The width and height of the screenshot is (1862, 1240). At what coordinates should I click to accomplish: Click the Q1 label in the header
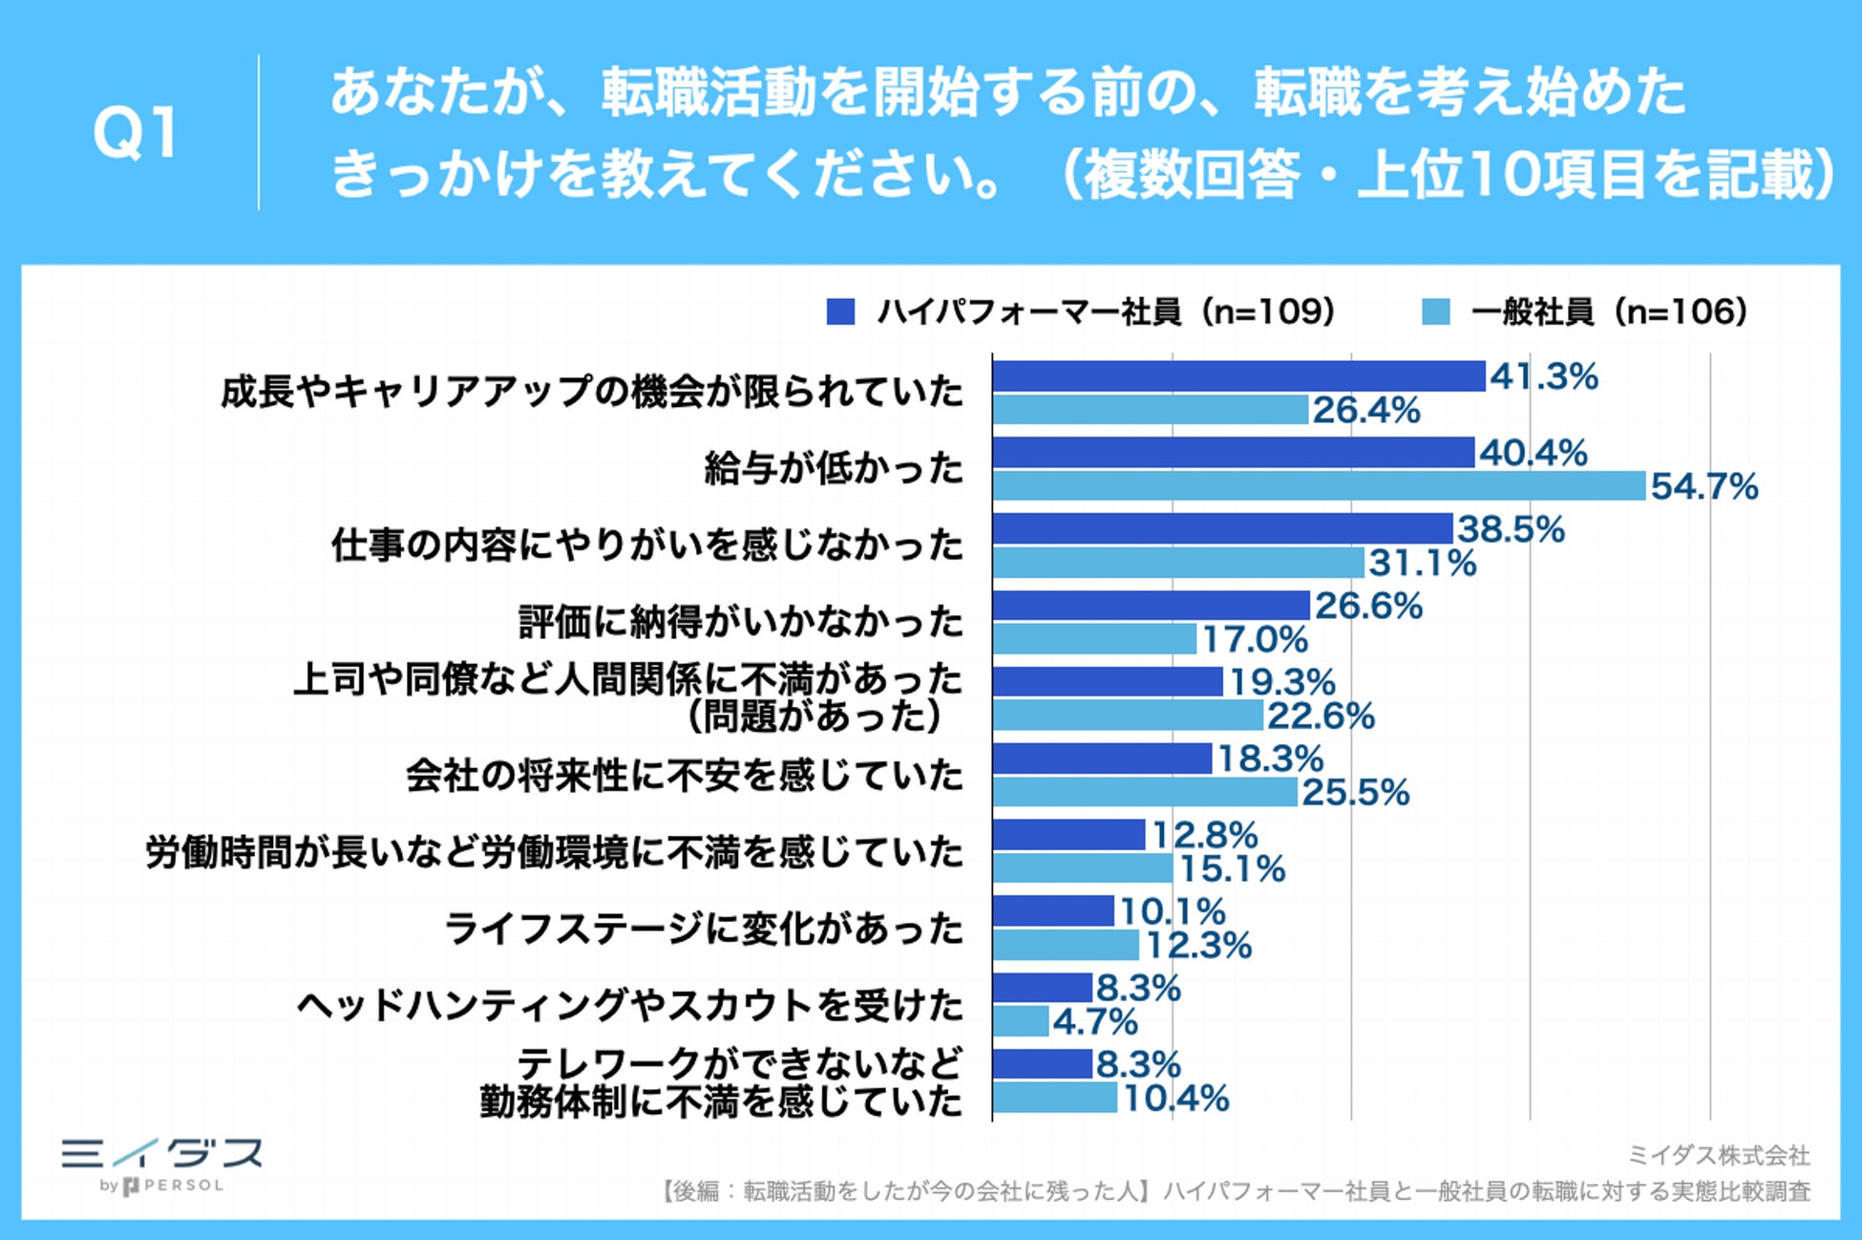tap(136, 133)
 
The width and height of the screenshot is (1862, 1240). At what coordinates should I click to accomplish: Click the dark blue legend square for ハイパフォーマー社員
tap(840, 312)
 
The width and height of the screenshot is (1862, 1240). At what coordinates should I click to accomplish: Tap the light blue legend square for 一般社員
tap(1435, 312)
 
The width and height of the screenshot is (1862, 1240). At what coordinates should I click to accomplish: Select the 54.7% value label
tap(1704, 487)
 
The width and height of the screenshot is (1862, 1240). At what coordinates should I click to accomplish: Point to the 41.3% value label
tap(1543, 376)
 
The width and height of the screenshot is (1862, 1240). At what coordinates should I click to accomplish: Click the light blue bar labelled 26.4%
tap(1150, 410)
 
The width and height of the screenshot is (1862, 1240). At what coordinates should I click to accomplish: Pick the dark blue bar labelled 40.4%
tap(1233, 453)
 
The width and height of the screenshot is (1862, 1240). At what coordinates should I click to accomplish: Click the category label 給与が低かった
tap(834, 469)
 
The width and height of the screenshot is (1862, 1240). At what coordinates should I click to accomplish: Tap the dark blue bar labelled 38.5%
tap(1222, 529)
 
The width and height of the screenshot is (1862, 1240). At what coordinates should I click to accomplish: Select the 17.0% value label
tap(1255, 640)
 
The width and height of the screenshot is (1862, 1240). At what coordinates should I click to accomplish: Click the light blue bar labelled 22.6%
tap(1128, 716)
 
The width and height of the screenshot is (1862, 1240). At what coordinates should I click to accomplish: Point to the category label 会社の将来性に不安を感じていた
tap(685, 775)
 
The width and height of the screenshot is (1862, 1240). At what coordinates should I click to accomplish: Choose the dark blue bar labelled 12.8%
tap(1069, 835)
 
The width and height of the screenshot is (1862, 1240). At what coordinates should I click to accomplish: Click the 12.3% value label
tap(1198, 946)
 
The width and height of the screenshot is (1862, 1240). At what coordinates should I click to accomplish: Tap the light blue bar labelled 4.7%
tap(1021, 1021)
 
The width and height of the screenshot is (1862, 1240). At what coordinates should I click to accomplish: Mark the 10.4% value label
tap(1175, 1099)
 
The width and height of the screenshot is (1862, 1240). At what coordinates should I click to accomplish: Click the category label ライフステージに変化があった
tap(704, 929)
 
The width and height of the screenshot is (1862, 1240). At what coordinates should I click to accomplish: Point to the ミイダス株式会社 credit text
tap(1718, 1156)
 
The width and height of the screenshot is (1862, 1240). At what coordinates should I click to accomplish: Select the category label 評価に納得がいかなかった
tap(741, 622)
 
